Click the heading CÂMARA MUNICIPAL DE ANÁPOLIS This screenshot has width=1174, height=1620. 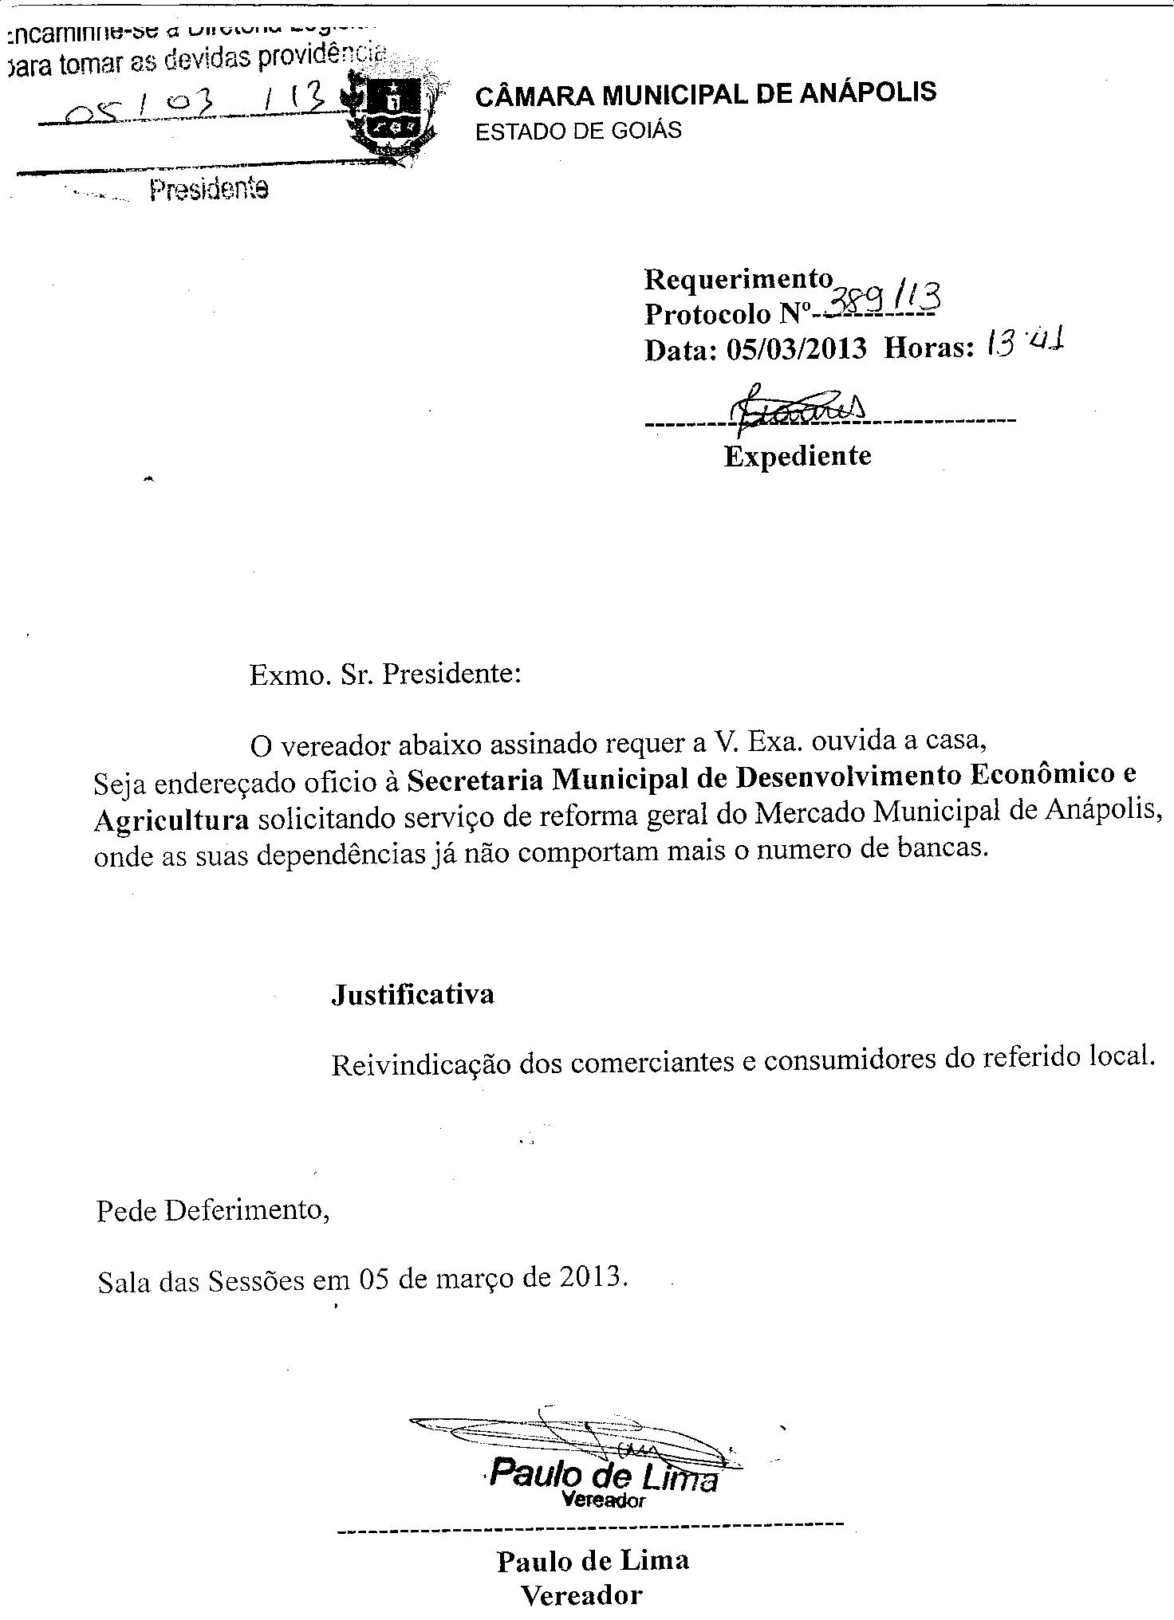click(x=706, y=94)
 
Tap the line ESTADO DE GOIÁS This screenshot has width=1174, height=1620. click(x=578, y=130)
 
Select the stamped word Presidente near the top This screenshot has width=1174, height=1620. click(x=209, y=190)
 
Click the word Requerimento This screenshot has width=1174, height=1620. click(x=739, y=279)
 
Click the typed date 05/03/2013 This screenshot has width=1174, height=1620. click(x=795, y=349)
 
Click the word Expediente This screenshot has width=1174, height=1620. click(x=798, y=456)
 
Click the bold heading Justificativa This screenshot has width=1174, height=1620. click(x=412, y=995)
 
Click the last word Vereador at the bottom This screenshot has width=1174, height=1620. click(x=581, y=1594)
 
